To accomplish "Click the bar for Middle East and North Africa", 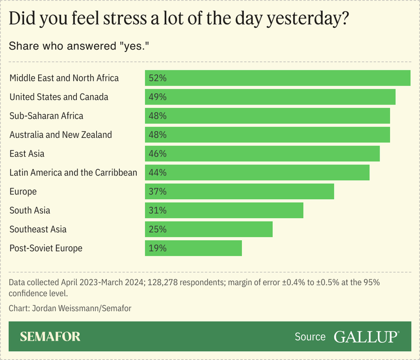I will click(278, 78).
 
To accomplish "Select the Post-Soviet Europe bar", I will click(193, 248).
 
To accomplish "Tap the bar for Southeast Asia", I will click(209, 229).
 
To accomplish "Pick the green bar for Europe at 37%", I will click(240, 191).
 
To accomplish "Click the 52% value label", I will click(158, 78).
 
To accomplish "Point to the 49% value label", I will click(158, 97).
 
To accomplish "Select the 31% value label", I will click(158, 210).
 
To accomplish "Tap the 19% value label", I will click(158, 248).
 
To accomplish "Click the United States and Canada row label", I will click(59, 97).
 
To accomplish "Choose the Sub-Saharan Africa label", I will click(46, 116).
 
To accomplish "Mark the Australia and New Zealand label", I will click(60, 135).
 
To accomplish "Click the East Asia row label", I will click(27, 154).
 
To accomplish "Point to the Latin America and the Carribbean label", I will click(73, 172).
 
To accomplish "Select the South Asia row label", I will click(30, 210).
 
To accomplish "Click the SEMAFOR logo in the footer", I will click(50, 337).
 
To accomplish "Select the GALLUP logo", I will click(366, 337).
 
